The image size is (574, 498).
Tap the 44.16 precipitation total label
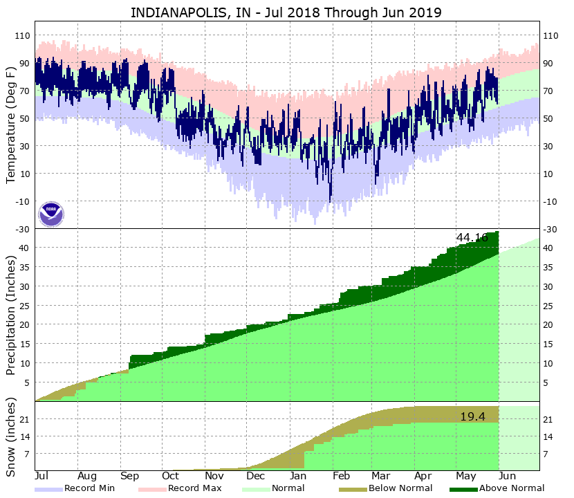[x=472, y=237]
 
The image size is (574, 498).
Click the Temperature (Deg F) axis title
[x=11, y=124]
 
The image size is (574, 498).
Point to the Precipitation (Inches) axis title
[x=11, y=315]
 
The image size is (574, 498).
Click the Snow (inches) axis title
[x=11, y=436]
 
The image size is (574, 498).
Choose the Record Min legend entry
[x=84, y=488]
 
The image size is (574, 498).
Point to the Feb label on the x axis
[x=340, y=477]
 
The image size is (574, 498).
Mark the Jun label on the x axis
[x=508, y=477]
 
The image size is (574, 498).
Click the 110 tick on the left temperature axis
[x=21, y=35]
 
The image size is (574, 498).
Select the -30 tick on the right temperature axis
[x=550, y=229]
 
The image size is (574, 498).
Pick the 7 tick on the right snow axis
[x=546, y=454]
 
